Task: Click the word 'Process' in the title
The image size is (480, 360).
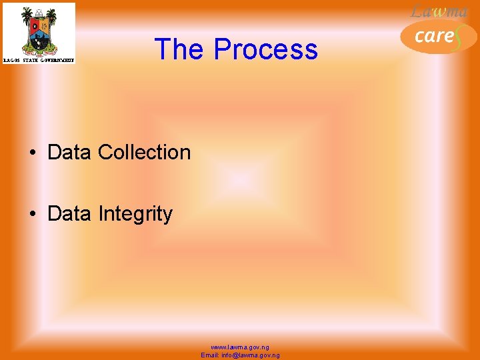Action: point(266,49)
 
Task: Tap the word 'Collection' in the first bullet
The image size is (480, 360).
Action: point(144,152)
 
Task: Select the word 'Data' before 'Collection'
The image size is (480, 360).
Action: point(70,152)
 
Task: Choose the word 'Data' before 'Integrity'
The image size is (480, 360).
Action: point(70,214)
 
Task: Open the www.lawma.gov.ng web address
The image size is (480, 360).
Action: point(240,347)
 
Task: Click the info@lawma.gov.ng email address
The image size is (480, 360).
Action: point(251,355)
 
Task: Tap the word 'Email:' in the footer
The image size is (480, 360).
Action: point(210,355)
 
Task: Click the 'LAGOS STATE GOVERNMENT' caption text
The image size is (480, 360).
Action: point(39,60)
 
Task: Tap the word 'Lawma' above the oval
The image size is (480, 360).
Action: point(439,11)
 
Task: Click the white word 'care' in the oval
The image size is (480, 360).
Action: point(433,35)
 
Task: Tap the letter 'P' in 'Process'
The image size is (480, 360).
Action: point(223,49)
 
